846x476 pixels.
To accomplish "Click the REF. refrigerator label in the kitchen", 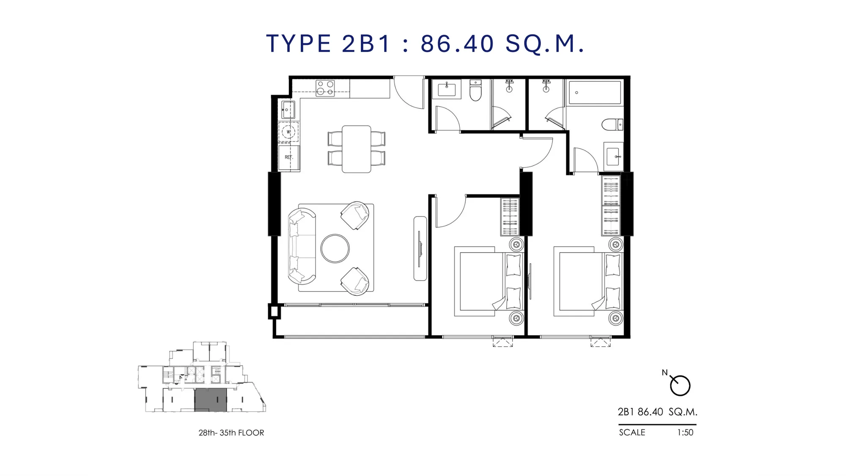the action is tap(288, 157).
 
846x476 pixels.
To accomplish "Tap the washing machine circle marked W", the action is tap(288, 132).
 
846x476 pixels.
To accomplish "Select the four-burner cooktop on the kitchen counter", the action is tap(325, 88).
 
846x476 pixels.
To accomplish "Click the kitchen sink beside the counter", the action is tap(288, 110).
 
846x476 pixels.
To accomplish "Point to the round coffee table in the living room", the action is tap(335, 248).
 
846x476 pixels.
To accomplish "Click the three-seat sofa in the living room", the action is tap(301, 246).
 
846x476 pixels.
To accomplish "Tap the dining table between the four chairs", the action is tap(357, 149).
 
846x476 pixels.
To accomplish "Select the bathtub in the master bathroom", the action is tap(595, 93).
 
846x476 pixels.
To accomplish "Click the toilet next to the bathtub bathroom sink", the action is tap(612, 125).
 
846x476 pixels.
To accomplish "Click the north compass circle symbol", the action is tap(680, 385).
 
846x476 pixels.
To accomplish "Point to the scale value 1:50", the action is tap(685, 432).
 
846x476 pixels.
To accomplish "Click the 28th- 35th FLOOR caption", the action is tap(231, 433).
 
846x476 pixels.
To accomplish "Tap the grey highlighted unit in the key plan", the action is tap(211, 400).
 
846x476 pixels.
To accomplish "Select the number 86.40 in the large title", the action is tap(457, 44).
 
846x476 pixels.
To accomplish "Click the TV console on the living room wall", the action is tap(420, 248).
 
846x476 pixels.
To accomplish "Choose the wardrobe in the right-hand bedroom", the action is tap(611, 206).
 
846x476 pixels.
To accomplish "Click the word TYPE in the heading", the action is tap(299, 44).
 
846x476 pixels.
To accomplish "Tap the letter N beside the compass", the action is tap(665, 373).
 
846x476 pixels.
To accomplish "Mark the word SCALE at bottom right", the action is tap(632, 432).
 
